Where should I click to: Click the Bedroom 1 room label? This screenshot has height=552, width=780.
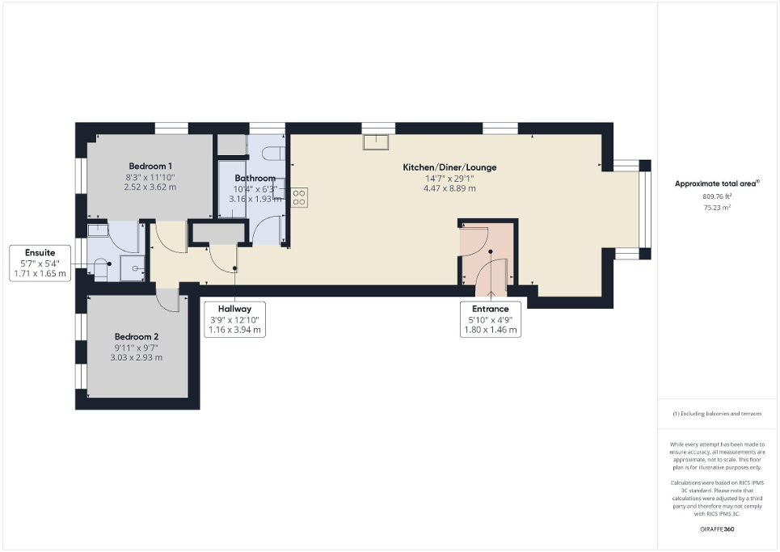point(150,166)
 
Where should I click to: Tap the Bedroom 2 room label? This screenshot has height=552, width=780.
point(137,336)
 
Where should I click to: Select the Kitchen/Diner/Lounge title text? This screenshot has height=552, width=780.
point(449,167)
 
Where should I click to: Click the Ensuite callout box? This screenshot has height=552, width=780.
point(40,263)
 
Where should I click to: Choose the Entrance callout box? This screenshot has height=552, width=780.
point(490,318)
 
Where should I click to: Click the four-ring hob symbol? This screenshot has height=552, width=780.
point(299,197)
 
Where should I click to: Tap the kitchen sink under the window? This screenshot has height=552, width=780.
point(376,142)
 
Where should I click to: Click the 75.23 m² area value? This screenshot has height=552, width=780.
point(716,207)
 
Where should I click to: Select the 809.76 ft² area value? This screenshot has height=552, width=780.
point(716,196)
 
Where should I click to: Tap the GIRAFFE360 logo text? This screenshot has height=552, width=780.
point(716,529)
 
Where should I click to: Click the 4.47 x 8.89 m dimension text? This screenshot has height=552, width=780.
point(449,188)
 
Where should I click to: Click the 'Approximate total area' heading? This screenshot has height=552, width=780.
point(716,183)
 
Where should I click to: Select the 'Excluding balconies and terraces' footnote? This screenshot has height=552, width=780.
point(716,413)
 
